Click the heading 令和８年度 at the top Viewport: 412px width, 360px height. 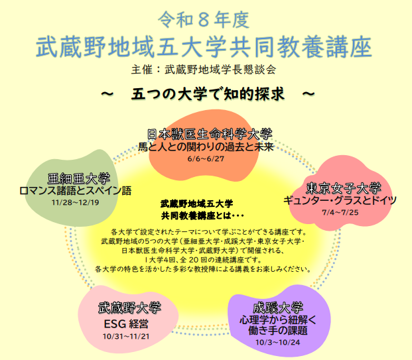[204, 20]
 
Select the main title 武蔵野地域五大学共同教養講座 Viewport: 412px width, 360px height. [204, 47]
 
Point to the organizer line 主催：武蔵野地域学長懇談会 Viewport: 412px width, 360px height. [204, 70]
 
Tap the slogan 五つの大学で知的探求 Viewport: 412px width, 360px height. [208, 94]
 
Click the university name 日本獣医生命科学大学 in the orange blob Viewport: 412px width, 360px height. [210, 134]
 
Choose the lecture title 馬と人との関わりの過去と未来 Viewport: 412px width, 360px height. [206, 147]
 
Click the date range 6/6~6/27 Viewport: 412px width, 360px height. [206, 158]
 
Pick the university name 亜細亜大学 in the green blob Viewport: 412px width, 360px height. [79, 179]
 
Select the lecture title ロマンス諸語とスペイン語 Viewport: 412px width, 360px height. [76, 191]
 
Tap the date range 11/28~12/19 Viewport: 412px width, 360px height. [76, 202]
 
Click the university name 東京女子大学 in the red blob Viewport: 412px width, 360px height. [344, 188]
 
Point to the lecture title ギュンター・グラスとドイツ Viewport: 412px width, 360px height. [340, 201]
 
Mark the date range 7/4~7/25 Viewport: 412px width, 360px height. [340, 212]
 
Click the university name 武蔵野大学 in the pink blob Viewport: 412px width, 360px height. [129, 308]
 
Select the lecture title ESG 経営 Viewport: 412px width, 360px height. [126, 324]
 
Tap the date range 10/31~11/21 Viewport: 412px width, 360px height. [126, 336]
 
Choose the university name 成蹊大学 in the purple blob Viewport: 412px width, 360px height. [278, 308]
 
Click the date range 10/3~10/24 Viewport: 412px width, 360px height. [278, 342]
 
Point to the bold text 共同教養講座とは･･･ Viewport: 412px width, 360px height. [202, 216]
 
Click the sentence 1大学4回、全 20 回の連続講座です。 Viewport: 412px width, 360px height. [204, 260]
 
